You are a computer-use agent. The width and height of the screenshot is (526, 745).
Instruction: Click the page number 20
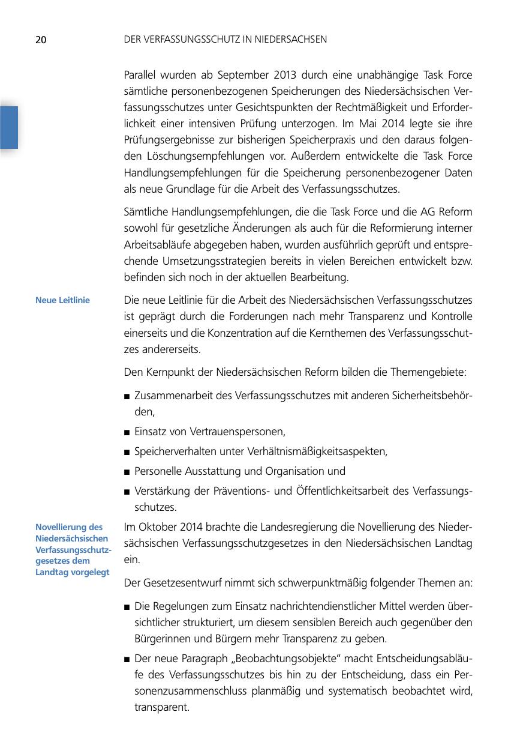pyautogui.click(x=41, y=40)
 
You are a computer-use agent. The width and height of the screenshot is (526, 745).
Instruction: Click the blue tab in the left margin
pyautogui.click(x=9, y=127)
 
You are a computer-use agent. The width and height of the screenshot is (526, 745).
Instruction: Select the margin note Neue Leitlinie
pyautogui.click(x=62, y=300)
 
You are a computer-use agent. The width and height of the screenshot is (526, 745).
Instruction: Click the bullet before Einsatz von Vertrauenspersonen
pyautogui.click(x=127, y=432)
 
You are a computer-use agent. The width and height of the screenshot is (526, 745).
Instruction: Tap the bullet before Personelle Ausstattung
pyautogui.click(x=127, y=472)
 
